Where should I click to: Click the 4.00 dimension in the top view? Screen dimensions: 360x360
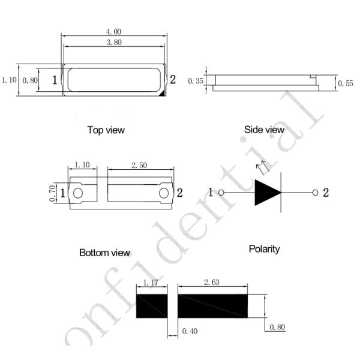click(x=113, y=32)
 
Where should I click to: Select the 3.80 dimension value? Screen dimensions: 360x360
click(x=114, y=42)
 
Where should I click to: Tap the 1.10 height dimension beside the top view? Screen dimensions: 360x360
click(x=9, y=80)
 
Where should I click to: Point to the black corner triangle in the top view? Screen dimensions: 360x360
click(x=163, y=93)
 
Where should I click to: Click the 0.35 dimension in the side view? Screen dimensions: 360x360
click(x=196, y=81)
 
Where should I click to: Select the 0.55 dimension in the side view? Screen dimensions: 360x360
click(x=346, y=83)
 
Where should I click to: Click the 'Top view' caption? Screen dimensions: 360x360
click(x=106, y=130)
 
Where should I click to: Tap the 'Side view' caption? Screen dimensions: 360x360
click(x=264, y=130)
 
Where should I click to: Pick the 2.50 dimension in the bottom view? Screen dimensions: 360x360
click(x=139, y=166)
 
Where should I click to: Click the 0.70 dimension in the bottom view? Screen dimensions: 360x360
click(x=52, y=193)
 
